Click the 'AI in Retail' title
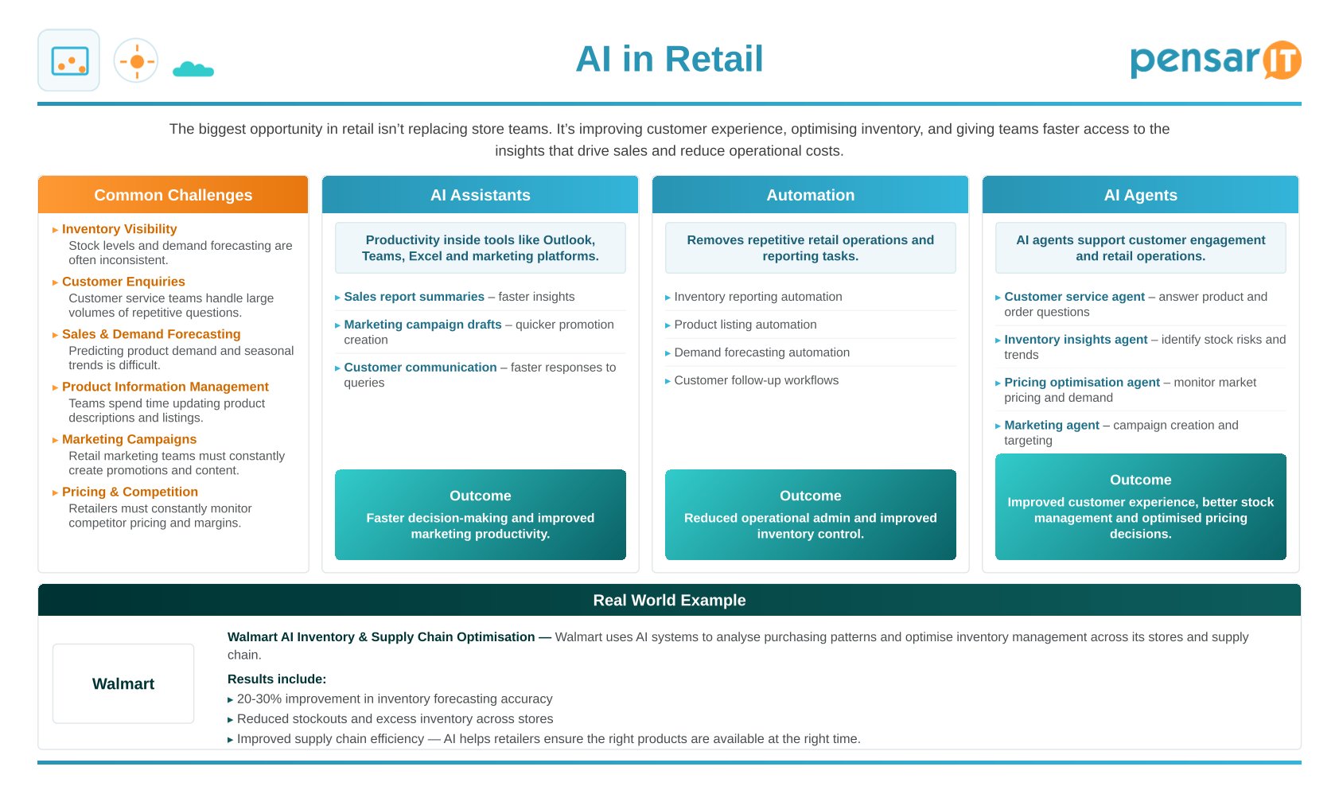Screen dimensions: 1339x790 [x=669, y=59]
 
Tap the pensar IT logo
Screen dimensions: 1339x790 [x=1215, y=60]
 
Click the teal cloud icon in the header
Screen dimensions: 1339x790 [x=193, y=69]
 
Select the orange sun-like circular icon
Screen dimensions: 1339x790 [x=136, y=61]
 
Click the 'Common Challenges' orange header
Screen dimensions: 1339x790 [x=173, y=195]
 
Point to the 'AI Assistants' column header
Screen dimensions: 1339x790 [x=480, y=195]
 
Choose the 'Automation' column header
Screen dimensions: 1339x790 [x=810, y=195]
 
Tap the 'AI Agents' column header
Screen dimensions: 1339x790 [x=1140, y=195]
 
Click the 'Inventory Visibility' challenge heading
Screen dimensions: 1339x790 [x=119, y=229]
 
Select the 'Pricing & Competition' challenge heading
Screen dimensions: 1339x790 [x=130, y=492]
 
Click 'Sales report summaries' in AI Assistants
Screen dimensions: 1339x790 [x=414, y=297]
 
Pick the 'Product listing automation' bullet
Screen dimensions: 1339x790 [x=745, y=325]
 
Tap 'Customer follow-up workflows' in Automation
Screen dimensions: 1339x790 [x=756, y=380]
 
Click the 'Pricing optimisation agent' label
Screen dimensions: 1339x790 [x=1082, y=383]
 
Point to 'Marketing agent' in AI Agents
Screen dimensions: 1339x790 [x=1052, y=425]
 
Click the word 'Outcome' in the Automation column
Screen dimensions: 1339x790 [x=810, y=496]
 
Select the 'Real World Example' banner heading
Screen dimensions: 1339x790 [x=669, y=600]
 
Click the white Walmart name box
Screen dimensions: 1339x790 [x=123, y=683]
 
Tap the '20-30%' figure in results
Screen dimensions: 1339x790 [x=259, y=699]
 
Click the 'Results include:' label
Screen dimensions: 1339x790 [x=276, y=679]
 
